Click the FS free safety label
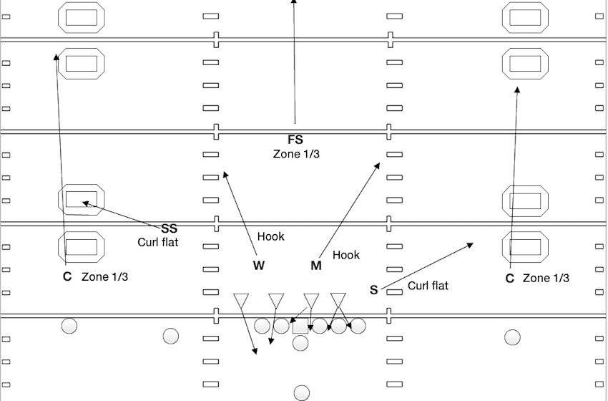click(x=295, y=140)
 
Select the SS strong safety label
click(x=169, y=228)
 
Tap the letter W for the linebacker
click(x=259, y=266)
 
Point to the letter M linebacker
click(x=315, y=266)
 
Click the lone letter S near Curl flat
click(x=373, y=290)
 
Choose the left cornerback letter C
click(x=67, y=277)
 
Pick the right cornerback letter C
click(x=510, y=279)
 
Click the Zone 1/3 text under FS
click(x=295, y=154)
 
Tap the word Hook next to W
click(x=270, y=236)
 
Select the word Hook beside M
click(x=346, y=254)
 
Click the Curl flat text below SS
click(x=158, y=242)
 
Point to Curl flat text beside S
click(x=428, y=286)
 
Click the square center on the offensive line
click(x=300, y=327)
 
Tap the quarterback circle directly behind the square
click(x=300, y=343)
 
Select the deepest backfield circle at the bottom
click(x=302, y=392)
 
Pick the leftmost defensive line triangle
click(x=241, y=299)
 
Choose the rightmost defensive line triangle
click(x=338, y=299)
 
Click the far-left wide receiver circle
click(x=69, y=326)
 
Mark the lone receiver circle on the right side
click(x=512, y=337)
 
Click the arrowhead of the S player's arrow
click(x=471, y=245)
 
